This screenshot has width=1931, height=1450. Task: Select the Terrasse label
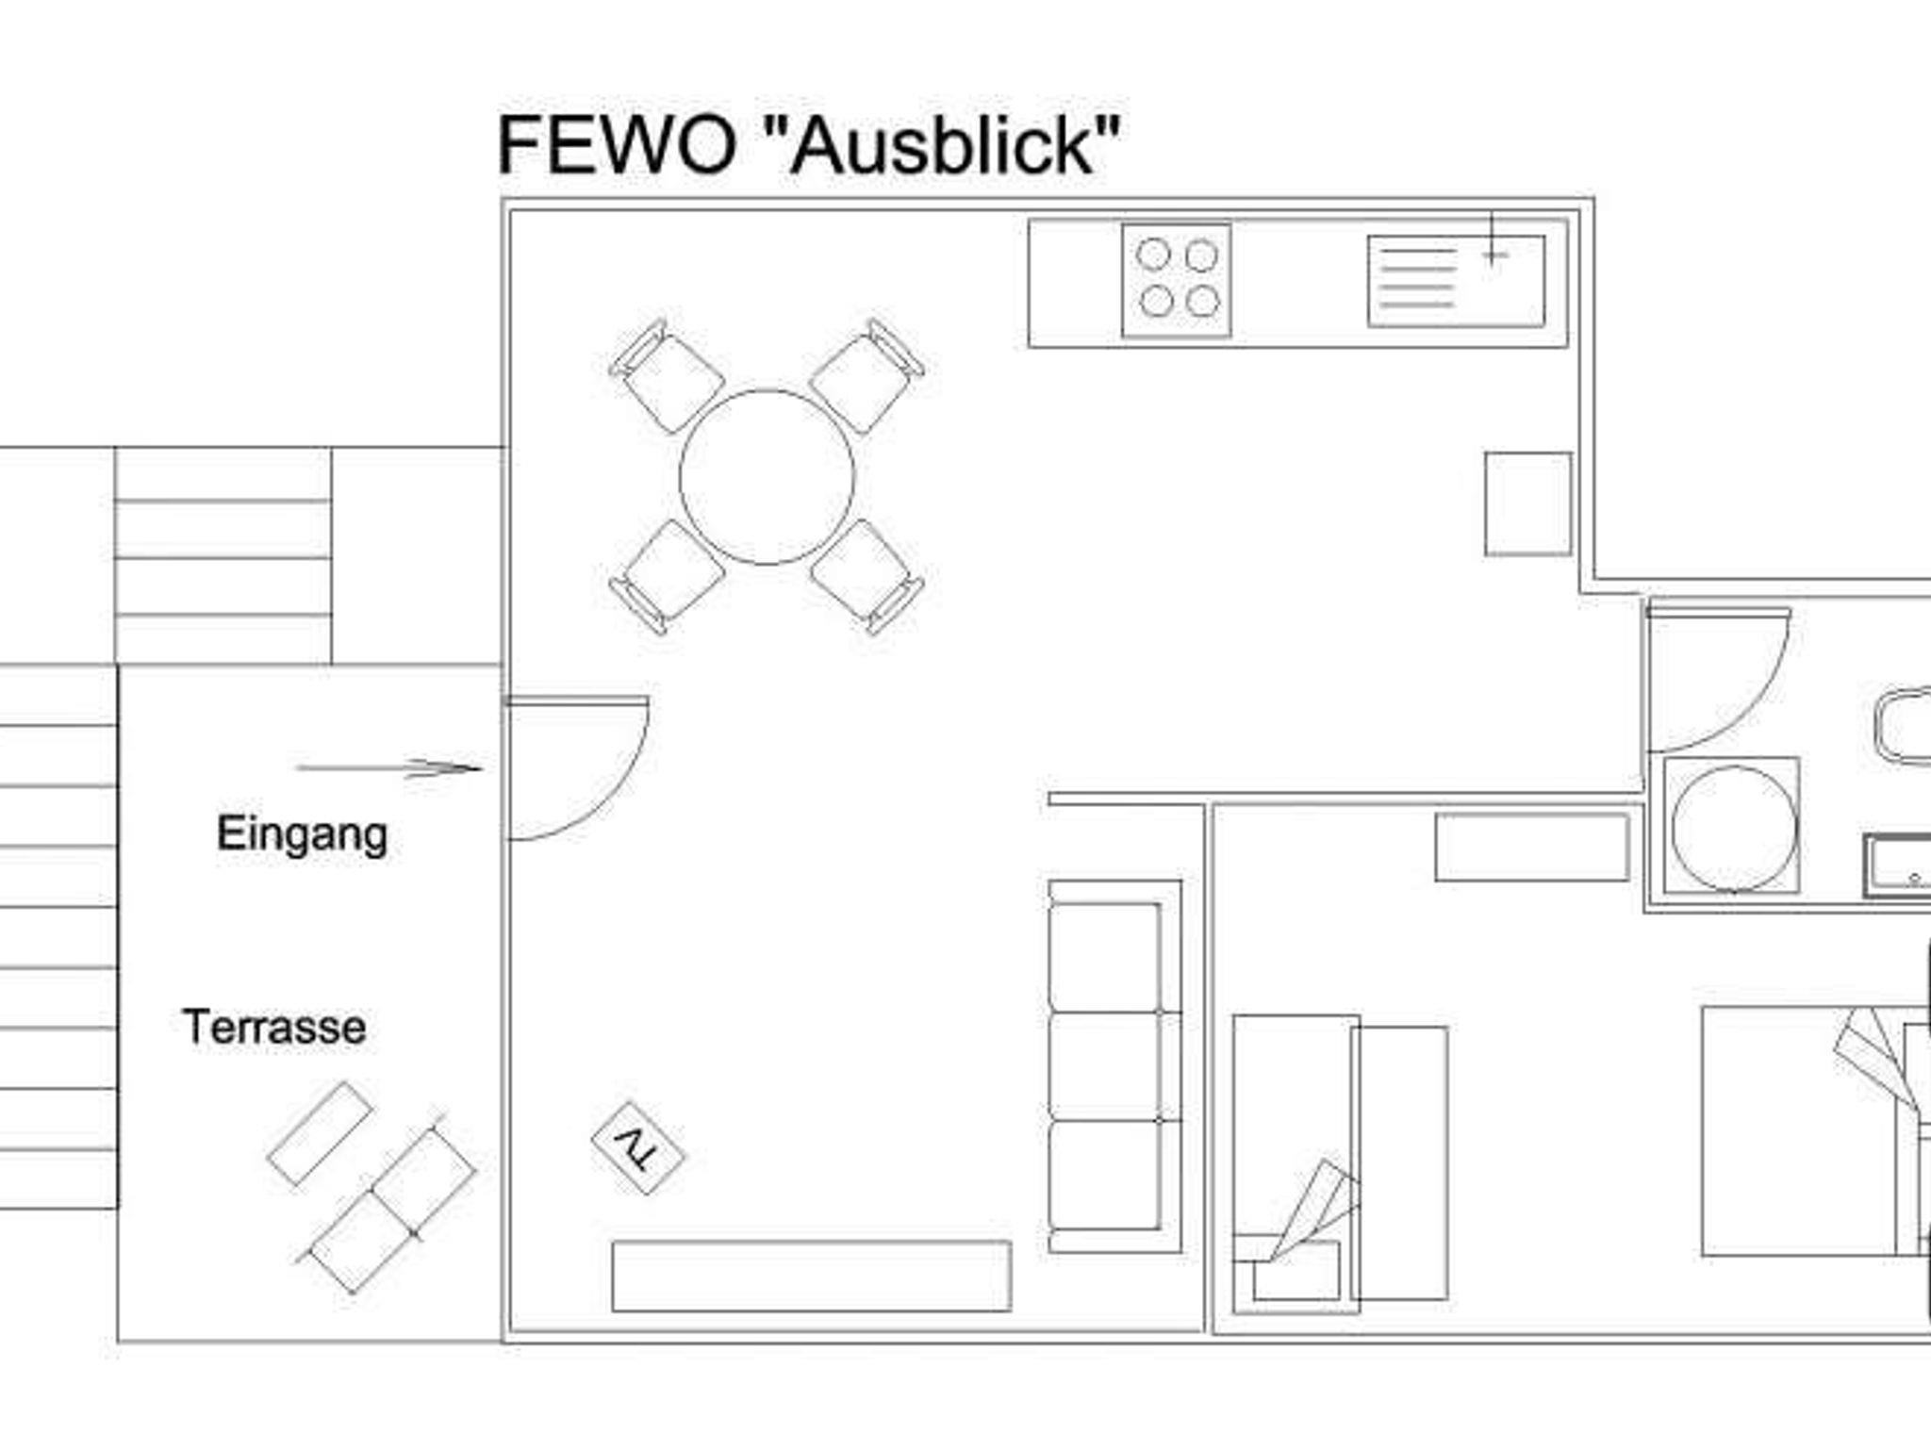click(x=274, y=1027)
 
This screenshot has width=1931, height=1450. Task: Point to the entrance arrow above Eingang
click(x=388, y=768)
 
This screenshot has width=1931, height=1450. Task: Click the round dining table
click(x=767, y=477)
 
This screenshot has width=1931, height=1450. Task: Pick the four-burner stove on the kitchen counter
click(x=1177, y=279)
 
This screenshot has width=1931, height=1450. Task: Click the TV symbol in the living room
click(x=638, y=1148)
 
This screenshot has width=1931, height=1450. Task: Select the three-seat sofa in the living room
click(x=1115, y=1066)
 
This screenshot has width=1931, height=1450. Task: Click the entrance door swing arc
click(x=577, y=768)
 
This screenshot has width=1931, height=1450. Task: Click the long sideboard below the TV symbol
click(x=812, y=1276)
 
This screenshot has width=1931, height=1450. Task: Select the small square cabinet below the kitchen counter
click(x=1528, y=504)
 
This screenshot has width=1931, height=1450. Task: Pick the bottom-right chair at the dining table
click(x=867, y=576)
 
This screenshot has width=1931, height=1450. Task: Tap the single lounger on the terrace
click(x=320, y=1133)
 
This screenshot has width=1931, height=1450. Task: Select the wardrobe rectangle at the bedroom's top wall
click(x=1532, y=848)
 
